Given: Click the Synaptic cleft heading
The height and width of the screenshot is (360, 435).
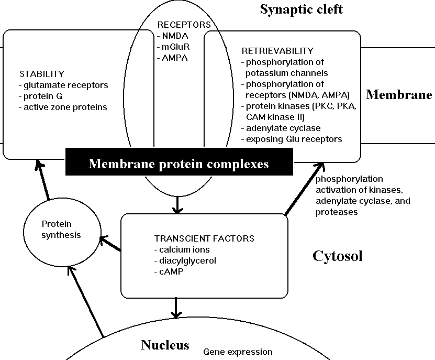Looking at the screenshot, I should [301, 9].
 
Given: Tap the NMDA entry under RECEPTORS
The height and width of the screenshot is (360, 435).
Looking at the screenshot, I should [173, 36].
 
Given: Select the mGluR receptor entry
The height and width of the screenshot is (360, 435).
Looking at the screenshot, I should [173, 47].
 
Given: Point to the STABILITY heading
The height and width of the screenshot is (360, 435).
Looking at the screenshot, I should [41, 73].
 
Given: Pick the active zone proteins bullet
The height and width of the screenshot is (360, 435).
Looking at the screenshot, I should [62, 107].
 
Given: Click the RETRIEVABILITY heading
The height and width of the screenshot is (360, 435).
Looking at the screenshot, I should [277, 51].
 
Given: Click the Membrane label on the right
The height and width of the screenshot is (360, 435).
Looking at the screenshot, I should [399, 95].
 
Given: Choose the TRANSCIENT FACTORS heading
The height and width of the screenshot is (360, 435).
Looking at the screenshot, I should [204, 238].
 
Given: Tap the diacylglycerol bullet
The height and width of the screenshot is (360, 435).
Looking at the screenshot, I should [185, 260].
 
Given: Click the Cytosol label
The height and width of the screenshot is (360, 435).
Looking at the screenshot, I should [338, 256].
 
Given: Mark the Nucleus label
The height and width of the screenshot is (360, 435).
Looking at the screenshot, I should [165, 345].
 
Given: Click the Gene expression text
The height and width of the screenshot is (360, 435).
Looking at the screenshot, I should [238, 352].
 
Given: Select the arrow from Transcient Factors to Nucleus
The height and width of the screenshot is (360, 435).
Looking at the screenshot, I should [177, 307].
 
